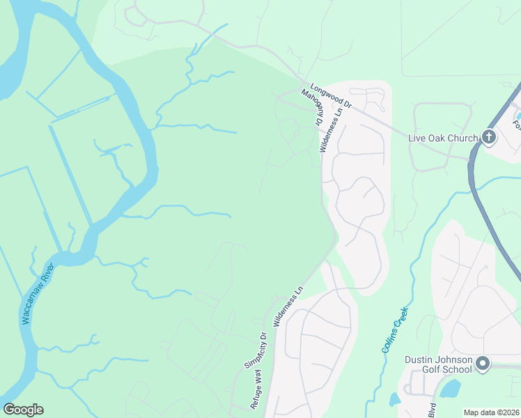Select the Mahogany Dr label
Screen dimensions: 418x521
click(x=311, y=108)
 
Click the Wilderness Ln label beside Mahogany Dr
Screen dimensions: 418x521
click(x=330, y=130)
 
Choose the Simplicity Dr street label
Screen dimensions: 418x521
click(x=256, y=349)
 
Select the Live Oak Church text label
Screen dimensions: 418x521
click(x=444, y=137)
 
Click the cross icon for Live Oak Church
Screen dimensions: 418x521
click(x=489, y=137)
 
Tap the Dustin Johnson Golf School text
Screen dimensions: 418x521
click(x=439, y=364)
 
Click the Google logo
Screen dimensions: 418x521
click(x=23, y=410)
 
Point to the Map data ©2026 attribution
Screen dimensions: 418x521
click(x=491, y=412)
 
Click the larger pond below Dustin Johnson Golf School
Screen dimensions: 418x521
click(x=451, y=388)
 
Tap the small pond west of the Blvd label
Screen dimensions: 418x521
click(x=394, y=399)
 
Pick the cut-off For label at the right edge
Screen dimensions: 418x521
click(x=516, y=126)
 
